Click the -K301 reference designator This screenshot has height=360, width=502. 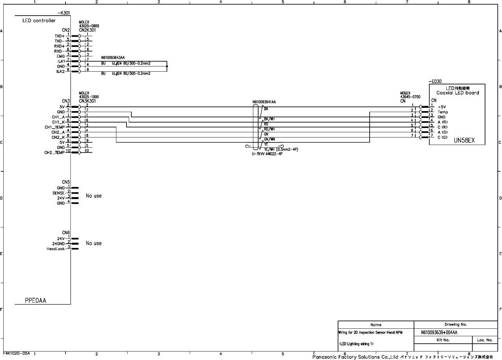[x=64, y=13]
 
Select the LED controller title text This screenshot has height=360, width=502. [x=39, y=21]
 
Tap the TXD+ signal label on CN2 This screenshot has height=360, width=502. [x=59, y=36]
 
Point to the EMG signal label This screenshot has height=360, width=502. [x=61, y=56]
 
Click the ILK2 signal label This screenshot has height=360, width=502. [x=60, y=71]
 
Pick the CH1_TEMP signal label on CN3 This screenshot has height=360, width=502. [x=55, y=127]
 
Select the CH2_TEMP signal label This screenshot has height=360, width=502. [x=54, y=153]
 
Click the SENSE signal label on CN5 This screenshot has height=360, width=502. [x=59, y=193]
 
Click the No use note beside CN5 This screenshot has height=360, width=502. [x=94, y=196]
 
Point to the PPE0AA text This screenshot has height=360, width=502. [x=36, y=300]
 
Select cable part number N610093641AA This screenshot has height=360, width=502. [x=264, y=102]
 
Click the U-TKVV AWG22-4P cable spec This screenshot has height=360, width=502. [x=267, y=154]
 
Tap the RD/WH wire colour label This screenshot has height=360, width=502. [x=269, y=129]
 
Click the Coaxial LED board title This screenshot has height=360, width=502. [x=458, y=93]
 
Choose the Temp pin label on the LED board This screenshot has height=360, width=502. [x=443, y=112]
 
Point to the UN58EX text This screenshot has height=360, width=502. [x=464, y=141]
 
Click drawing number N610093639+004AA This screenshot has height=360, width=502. [x=439, y=333]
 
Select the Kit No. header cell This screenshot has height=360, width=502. [x=443, y=340]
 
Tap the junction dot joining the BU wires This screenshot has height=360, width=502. [x=167, y=66]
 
